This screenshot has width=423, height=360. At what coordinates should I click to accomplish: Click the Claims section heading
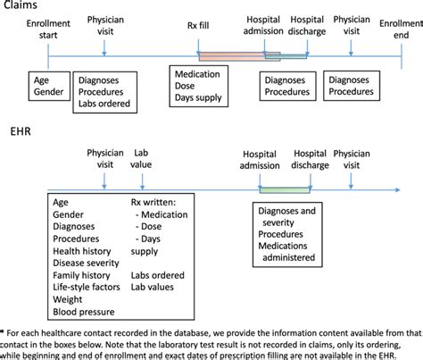pos(18,6)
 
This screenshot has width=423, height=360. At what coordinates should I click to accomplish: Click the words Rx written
pos(153,202)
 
